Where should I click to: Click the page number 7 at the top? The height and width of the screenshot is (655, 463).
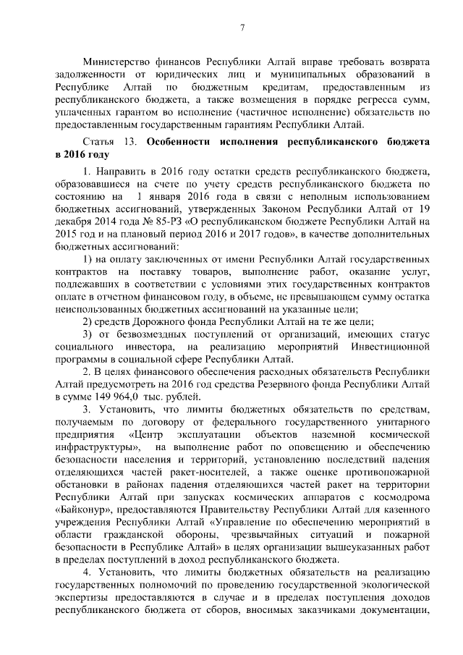(243, 28)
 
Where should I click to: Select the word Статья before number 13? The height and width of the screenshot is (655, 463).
(98, 143)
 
